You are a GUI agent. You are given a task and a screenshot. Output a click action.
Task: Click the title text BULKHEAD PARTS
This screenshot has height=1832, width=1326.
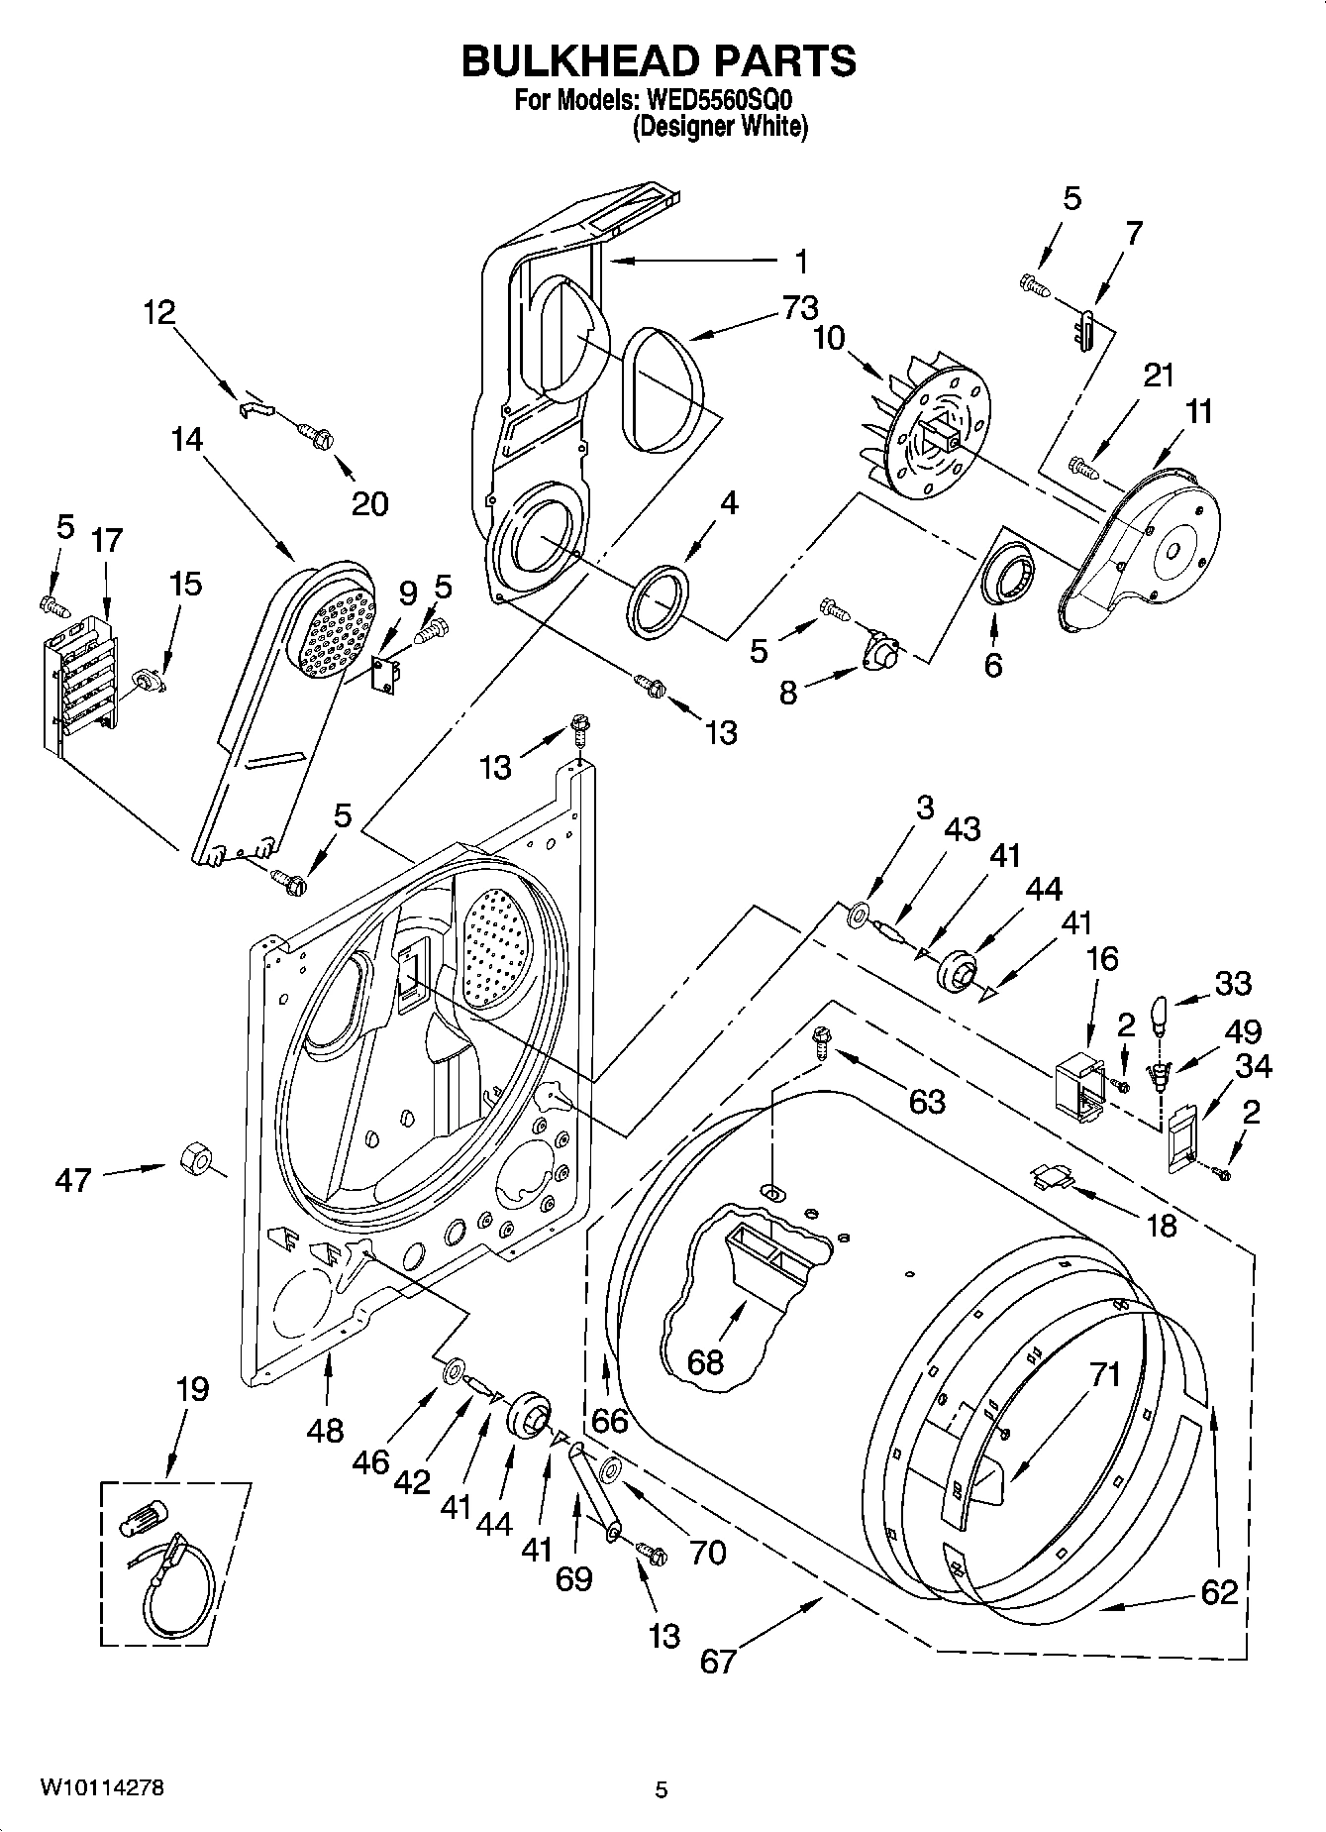coord(660,61)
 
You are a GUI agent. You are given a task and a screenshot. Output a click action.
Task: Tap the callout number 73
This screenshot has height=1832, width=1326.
coord(799,307)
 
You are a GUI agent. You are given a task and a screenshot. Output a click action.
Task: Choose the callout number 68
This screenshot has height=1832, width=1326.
coord(705,1362)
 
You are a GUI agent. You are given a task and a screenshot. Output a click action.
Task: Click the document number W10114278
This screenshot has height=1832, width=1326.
coord(102,1788)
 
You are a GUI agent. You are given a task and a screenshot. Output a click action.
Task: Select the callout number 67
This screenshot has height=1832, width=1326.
coord(718,1660)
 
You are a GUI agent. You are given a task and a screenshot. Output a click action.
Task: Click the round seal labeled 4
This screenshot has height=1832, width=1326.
coord(658,599)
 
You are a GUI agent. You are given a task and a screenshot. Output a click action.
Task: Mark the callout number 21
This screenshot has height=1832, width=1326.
coord(1159,376)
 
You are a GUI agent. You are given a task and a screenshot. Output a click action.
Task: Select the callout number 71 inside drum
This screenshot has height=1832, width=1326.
coord(1105,1374)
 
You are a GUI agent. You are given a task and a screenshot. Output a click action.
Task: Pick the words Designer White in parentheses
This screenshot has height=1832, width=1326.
coord(720,127)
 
